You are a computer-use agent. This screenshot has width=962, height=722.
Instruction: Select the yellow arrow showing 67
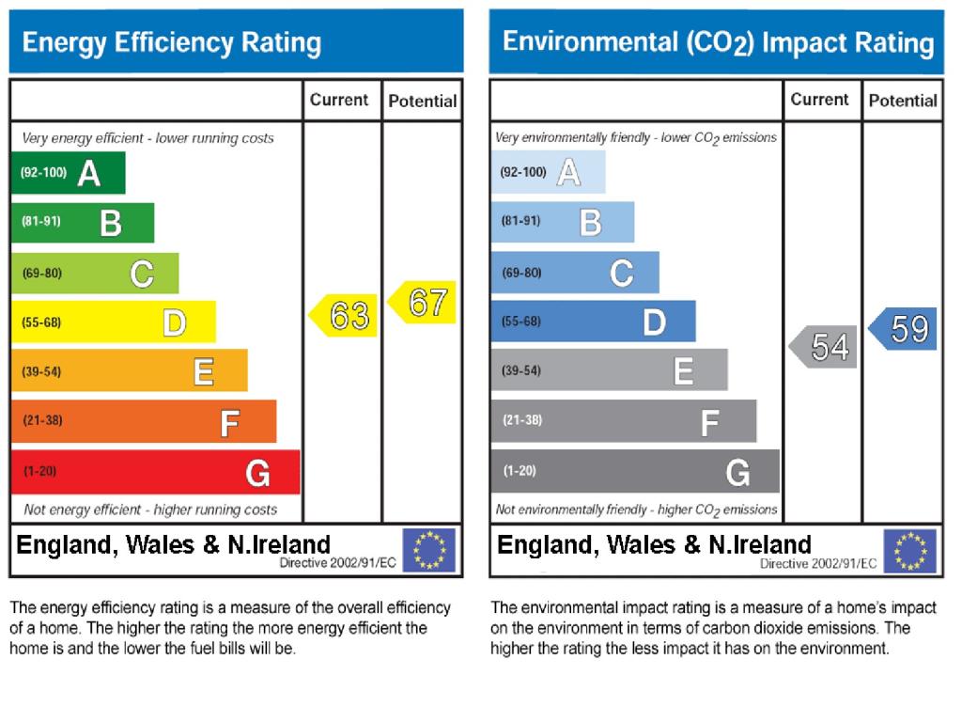[x=424, y=303]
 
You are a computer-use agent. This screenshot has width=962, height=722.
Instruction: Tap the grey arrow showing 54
[x=825, y=347]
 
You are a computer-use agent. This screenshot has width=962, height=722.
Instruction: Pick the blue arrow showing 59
[x=905, y=329]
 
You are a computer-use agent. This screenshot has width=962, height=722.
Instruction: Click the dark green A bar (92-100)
[x=68, y=172]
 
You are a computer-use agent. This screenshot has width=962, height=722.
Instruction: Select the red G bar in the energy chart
[x=155, y=472]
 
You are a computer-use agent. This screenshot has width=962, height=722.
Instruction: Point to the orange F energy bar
[x=144, y=421]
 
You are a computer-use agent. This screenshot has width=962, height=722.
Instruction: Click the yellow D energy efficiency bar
[x=113, y=322]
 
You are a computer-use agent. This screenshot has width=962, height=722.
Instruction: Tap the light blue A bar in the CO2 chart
[x=548, y=172]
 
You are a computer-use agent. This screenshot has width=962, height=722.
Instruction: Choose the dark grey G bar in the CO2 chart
[x=634, y=471]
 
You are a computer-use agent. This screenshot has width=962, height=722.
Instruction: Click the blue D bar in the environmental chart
[x=593, y=322]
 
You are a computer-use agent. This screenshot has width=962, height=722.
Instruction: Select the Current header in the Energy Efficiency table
[x=339, y=100]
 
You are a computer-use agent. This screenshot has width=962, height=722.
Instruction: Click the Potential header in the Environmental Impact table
[x=903, y=101]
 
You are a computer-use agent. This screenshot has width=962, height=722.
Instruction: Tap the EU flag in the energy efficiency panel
[x=429, y=550]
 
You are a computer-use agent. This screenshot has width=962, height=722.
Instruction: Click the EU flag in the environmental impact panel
[x=909, y=551]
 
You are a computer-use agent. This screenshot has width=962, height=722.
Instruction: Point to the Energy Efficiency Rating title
[x=172, y=42]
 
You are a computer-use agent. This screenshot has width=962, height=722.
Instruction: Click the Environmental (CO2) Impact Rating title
[x=719, y=42]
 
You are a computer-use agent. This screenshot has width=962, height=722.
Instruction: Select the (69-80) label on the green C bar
[x=41, y=274]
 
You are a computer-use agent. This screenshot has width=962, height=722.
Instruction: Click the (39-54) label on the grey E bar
[x=521, y=370]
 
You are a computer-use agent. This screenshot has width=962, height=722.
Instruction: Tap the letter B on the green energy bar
[x=111, y=224]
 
